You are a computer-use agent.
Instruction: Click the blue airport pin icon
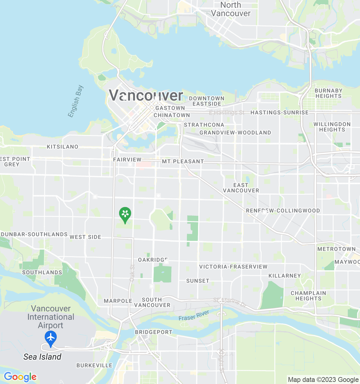[51, 338]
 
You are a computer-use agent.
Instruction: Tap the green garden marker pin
[125, 214]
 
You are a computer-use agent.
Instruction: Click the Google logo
[20, 377]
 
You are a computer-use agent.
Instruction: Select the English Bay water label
[75, 101]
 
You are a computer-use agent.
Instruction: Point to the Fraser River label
[194, 316]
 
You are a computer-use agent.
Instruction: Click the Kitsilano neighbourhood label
[62, 147]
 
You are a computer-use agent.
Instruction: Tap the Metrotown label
[336, 249]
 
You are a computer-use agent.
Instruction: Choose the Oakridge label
[153, 260]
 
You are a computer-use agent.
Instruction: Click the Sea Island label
[42, 357]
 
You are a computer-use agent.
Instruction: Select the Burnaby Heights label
[328, 93]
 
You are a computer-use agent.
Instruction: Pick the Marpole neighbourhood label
[118, 301]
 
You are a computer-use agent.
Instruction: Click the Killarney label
[284, 276]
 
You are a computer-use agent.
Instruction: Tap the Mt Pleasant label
[183, 161]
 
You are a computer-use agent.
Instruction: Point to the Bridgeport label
[154, 332]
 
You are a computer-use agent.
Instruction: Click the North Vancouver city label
[231, 9]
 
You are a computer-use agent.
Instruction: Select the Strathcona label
[204, 125]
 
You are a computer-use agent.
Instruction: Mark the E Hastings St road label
[226, 113]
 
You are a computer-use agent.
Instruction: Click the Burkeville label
[94, 365]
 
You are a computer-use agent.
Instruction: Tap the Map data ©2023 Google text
[323, 380]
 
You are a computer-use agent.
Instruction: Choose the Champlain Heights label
[308, 296]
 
